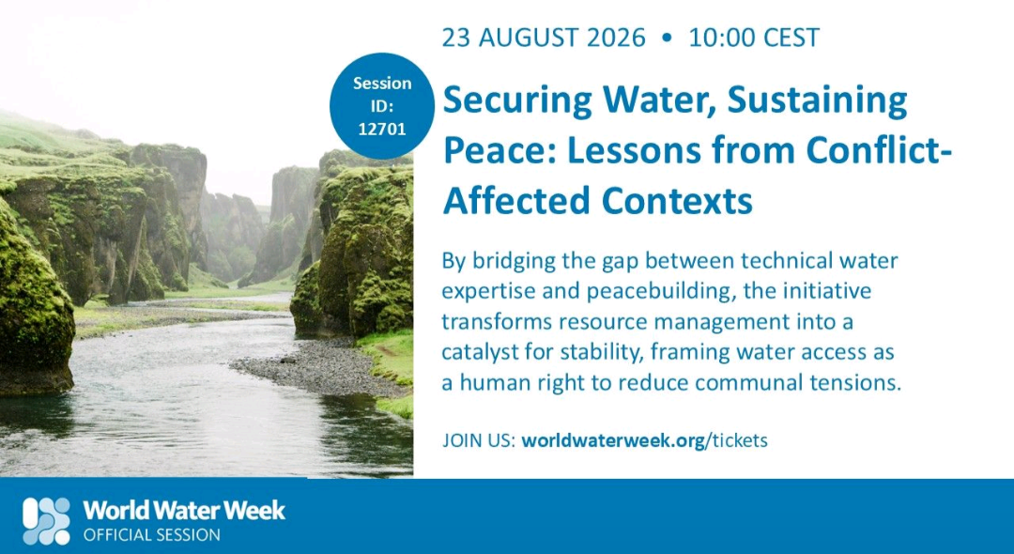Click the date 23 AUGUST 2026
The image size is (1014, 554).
tap(544, 38)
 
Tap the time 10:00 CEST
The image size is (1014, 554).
tap(753, 38)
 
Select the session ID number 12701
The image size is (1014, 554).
tap(381, 129)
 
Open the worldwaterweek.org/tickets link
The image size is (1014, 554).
tap(644, 441)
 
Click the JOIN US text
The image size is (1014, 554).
tap(479, 441)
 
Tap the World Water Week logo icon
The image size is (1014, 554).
tap(47, 520)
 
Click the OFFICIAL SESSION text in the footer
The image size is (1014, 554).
tap(151, 535)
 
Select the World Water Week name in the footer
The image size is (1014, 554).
tap(184, 511)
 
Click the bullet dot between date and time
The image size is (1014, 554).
tap(667, 38)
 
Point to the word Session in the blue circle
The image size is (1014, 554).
tap(381, 84)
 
